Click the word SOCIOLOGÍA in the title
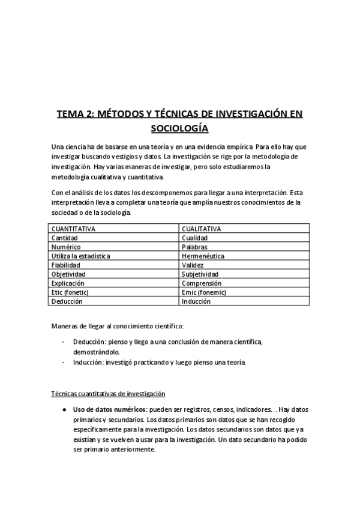pyautogui.click(x=179, y=128)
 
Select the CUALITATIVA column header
pyautogui.click(x=201, y=229)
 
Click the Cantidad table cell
pyautogui.click(x=65, y=238)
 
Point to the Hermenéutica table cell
pyautogui.click(x=203, y=256)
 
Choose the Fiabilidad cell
pyautogui.click(x=66, y=265)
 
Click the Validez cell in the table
pyautogui.click(x=193, y=265)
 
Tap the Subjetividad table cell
pyautogui.click(x=201, y=274)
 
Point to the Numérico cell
pyautogui.click(x=66, y=247)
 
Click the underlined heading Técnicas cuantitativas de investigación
pyautogui.click(x=107, y=393)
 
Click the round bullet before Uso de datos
pyautogui.click(x=64, y=409)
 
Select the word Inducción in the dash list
pyautogui.click(x=88, y=363)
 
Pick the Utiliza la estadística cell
pyautogui.click(x=81, y=256)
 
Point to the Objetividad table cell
pyautogui.click(x=68, y=274)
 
